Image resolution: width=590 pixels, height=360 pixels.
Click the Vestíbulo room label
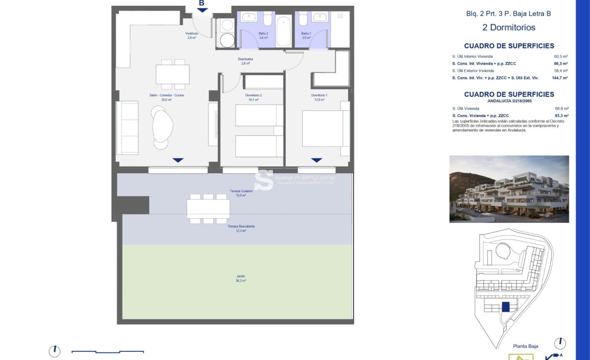click(192, 35)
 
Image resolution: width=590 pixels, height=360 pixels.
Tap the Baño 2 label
click(263, 35)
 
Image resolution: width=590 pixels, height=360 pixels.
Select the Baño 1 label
click(306, 35)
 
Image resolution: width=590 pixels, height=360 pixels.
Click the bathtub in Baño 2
click(284, 31)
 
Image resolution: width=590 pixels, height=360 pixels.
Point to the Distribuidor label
click(245, 61)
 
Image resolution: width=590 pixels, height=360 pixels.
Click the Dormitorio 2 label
click(253, 97)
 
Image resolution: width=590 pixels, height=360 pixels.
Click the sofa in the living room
click(127, 128)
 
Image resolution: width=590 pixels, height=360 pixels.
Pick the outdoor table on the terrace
click(208, 209)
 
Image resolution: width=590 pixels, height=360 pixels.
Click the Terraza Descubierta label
click(241, 228)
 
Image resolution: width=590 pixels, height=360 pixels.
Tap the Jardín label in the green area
click(241, 278)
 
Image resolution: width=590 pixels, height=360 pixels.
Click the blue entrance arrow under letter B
click(202, 10)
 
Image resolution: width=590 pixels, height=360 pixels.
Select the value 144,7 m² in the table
click(559, 78)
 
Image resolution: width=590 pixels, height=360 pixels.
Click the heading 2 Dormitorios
click(509, 27)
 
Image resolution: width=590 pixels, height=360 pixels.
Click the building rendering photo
click(509, 189)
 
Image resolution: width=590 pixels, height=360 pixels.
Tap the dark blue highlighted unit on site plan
click(506, 307)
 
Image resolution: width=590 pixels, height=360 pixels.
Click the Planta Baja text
click(525, 346)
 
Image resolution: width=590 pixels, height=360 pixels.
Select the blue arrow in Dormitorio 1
click(317, 160)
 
